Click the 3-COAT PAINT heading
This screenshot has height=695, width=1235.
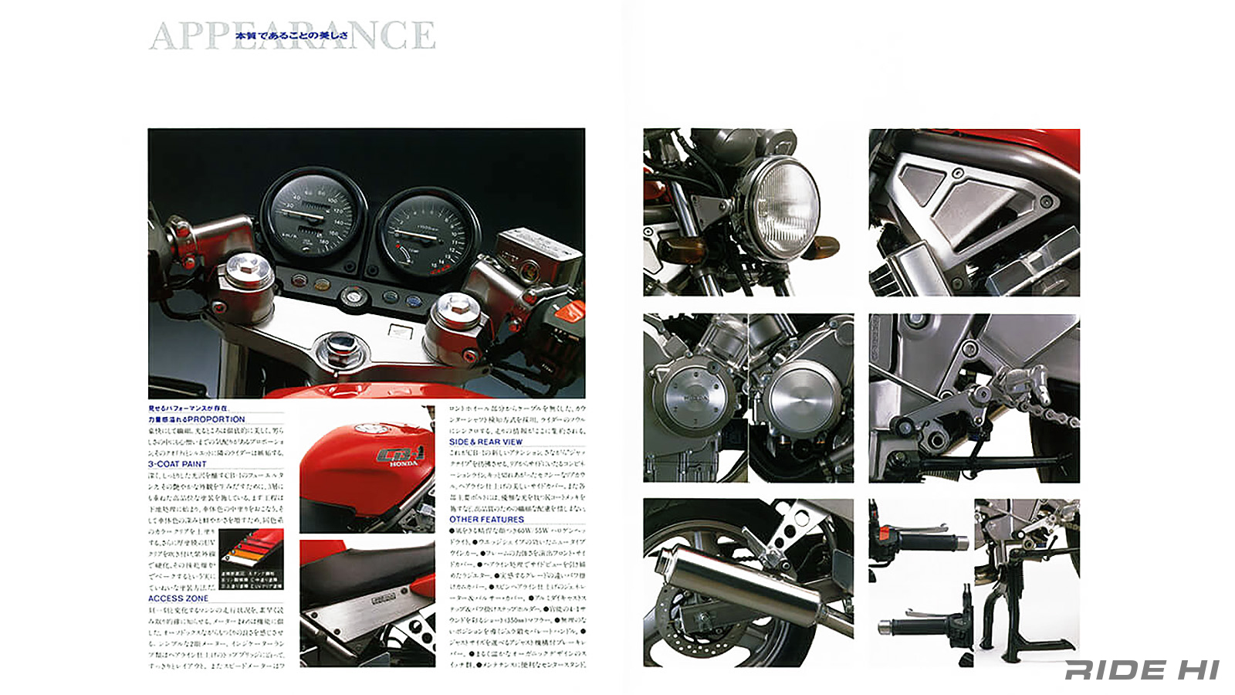(178, 464)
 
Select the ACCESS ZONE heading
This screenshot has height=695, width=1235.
(178, 598)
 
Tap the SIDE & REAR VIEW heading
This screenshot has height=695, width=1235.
(486, 442)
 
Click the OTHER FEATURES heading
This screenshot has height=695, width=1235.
(486, 520)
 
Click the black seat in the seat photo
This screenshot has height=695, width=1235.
(363, 571)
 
